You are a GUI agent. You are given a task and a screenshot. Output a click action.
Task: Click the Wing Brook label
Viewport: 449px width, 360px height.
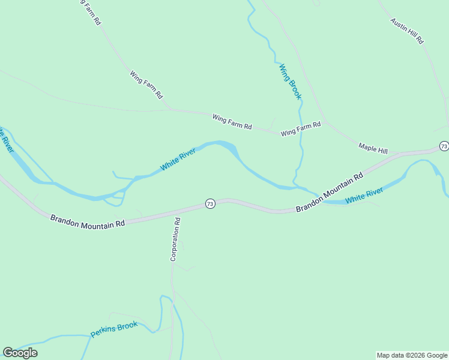click(x=289, y=82)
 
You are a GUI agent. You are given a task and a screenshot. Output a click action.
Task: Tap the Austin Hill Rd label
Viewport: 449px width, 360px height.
click(x=407, y=31)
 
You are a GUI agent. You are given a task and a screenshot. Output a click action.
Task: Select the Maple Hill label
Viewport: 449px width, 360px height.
click(x=373, y=147)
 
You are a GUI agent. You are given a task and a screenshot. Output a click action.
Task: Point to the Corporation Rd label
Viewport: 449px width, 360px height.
click(x=176, y=239)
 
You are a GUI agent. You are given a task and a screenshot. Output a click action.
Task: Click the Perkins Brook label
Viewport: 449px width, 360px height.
click(x=114, y=329)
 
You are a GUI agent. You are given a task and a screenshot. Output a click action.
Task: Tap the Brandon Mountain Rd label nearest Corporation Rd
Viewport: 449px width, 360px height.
click(x=88, y=221)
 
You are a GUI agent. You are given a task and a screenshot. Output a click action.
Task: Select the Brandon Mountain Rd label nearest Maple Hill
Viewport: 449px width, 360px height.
click(x=330, y=192)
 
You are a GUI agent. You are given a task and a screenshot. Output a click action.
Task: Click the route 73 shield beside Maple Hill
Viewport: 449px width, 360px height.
click(x=444, y=146)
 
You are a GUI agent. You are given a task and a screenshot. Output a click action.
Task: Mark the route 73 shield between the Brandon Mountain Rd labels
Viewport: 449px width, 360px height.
click(x=209, y=204)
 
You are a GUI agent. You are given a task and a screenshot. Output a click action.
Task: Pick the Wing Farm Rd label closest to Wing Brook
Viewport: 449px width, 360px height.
click(x=301, y=128)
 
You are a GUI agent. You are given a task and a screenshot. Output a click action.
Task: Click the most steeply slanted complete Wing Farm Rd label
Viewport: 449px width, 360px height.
click(x=146, y=84)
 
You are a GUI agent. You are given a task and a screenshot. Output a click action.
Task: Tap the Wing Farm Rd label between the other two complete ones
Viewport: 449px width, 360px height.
click(x=232, y=122)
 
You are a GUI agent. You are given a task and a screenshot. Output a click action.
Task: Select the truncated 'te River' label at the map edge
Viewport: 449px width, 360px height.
click(x=5, y=139)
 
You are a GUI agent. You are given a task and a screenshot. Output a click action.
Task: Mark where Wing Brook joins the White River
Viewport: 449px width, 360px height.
click(x=296, y=187)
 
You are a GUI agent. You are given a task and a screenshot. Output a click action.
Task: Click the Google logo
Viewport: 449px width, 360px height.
click(x=20, y=352)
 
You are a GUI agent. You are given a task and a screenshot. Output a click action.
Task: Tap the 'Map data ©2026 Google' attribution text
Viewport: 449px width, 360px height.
click(x=412, y=355)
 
